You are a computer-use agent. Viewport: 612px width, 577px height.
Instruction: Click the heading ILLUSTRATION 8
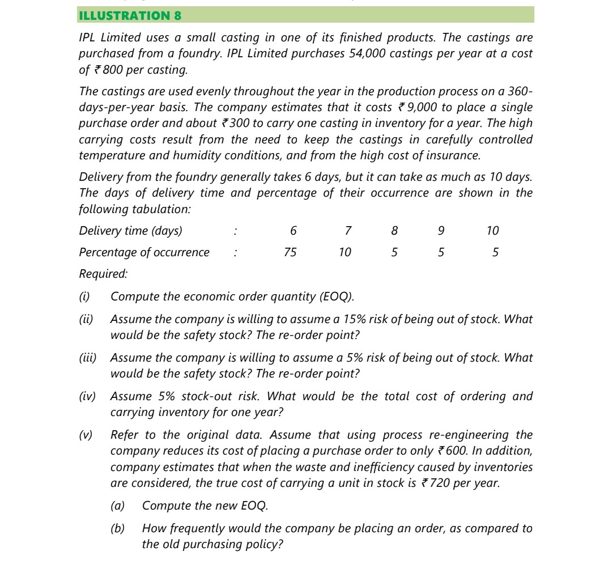tap(130, 15)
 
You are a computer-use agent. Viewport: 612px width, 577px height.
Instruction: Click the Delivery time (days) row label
tap(131, 231)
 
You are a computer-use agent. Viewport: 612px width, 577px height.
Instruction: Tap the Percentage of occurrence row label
tap(144, 252)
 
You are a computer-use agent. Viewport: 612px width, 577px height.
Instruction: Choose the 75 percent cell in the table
tap(290, 252)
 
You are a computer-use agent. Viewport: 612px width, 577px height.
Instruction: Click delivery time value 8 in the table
tap(394, 231)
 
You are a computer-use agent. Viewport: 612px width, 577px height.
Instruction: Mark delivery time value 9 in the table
tap(441, 231)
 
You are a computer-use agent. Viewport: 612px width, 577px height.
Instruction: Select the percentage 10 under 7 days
tap(345, 252)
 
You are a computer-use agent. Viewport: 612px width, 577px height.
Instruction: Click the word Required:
tap(103, 274)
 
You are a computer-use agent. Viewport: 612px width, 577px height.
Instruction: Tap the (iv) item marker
tap(87, 396)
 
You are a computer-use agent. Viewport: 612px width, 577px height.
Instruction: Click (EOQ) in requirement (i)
tap(337, 296)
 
